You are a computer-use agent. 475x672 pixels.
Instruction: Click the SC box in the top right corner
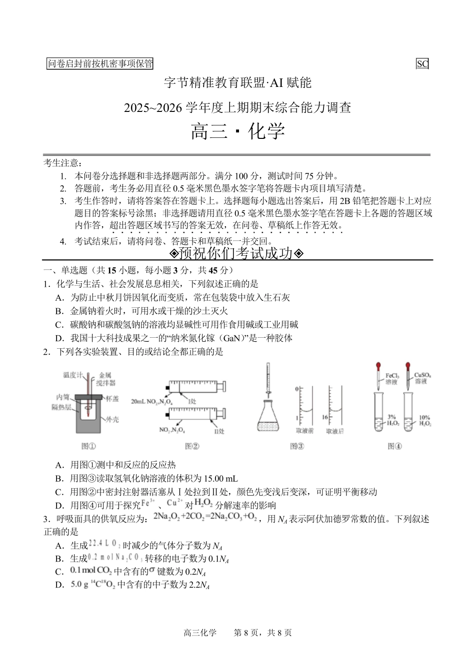[x=422, y=63]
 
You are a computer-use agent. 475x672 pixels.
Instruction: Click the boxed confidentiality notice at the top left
[x=100, y=63]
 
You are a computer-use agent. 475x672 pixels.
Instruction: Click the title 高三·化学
[x=237, y=131]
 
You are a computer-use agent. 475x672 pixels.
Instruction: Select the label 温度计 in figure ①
[x=73, y=375]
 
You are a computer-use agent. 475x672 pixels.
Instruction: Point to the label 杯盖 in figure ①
[x=112, y=399]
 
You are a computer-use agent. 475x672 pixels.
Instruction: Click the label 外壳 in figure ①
[x=112, y=419]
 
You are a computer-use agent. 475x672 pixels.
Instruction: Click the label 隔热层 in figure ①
[x=61, y=407]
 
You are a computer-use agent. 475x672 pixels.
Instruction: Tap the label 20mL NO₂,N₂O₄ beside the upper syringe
[x=151, y=401]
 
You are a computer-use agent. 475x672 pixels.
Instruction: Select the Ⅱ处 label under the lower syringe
[x=219, y=431]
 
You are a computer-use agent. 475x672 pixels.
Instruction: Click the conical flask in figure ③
[x=268, y=417]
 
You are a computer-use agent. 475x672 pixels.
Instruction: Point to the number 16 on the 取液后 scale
[x=324, y=417]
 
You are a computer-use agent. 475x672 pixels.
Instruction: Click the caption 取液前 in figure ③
[x=304, y=431]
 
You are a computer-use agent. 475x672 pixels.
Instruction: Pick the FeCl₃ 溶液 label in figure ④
[x=392, y=378]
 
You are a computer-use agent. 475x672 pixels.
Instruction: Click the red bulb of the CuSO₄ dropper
[x=408, y=366]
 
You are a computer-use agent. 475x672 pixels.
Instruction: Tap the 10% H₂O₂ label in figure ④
[x=424, y=420]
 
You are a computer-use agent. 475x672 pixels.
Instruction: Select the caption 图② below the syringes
[x=192, y=446]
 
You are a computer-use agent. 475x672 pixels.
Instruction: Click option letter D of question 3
[x=59, y=585]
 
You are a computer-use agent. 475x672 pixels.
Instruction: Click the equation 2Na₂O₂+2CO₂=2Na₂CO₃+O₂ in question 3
[x=205, y=517]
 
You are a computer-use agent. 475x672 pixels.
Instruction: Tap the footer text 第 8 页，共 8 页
[x=262, y=633]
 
